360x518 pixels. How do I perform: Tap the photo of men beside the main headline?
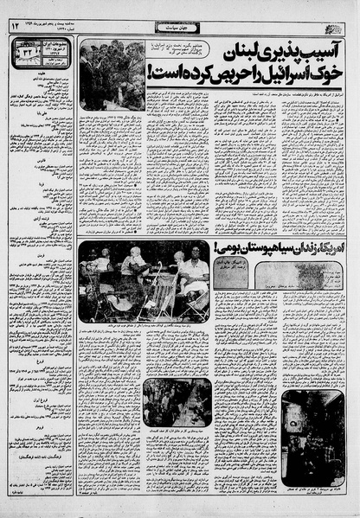pos(112,76)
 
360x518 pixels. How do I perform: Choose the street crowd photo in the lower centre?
pos(177,401)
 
